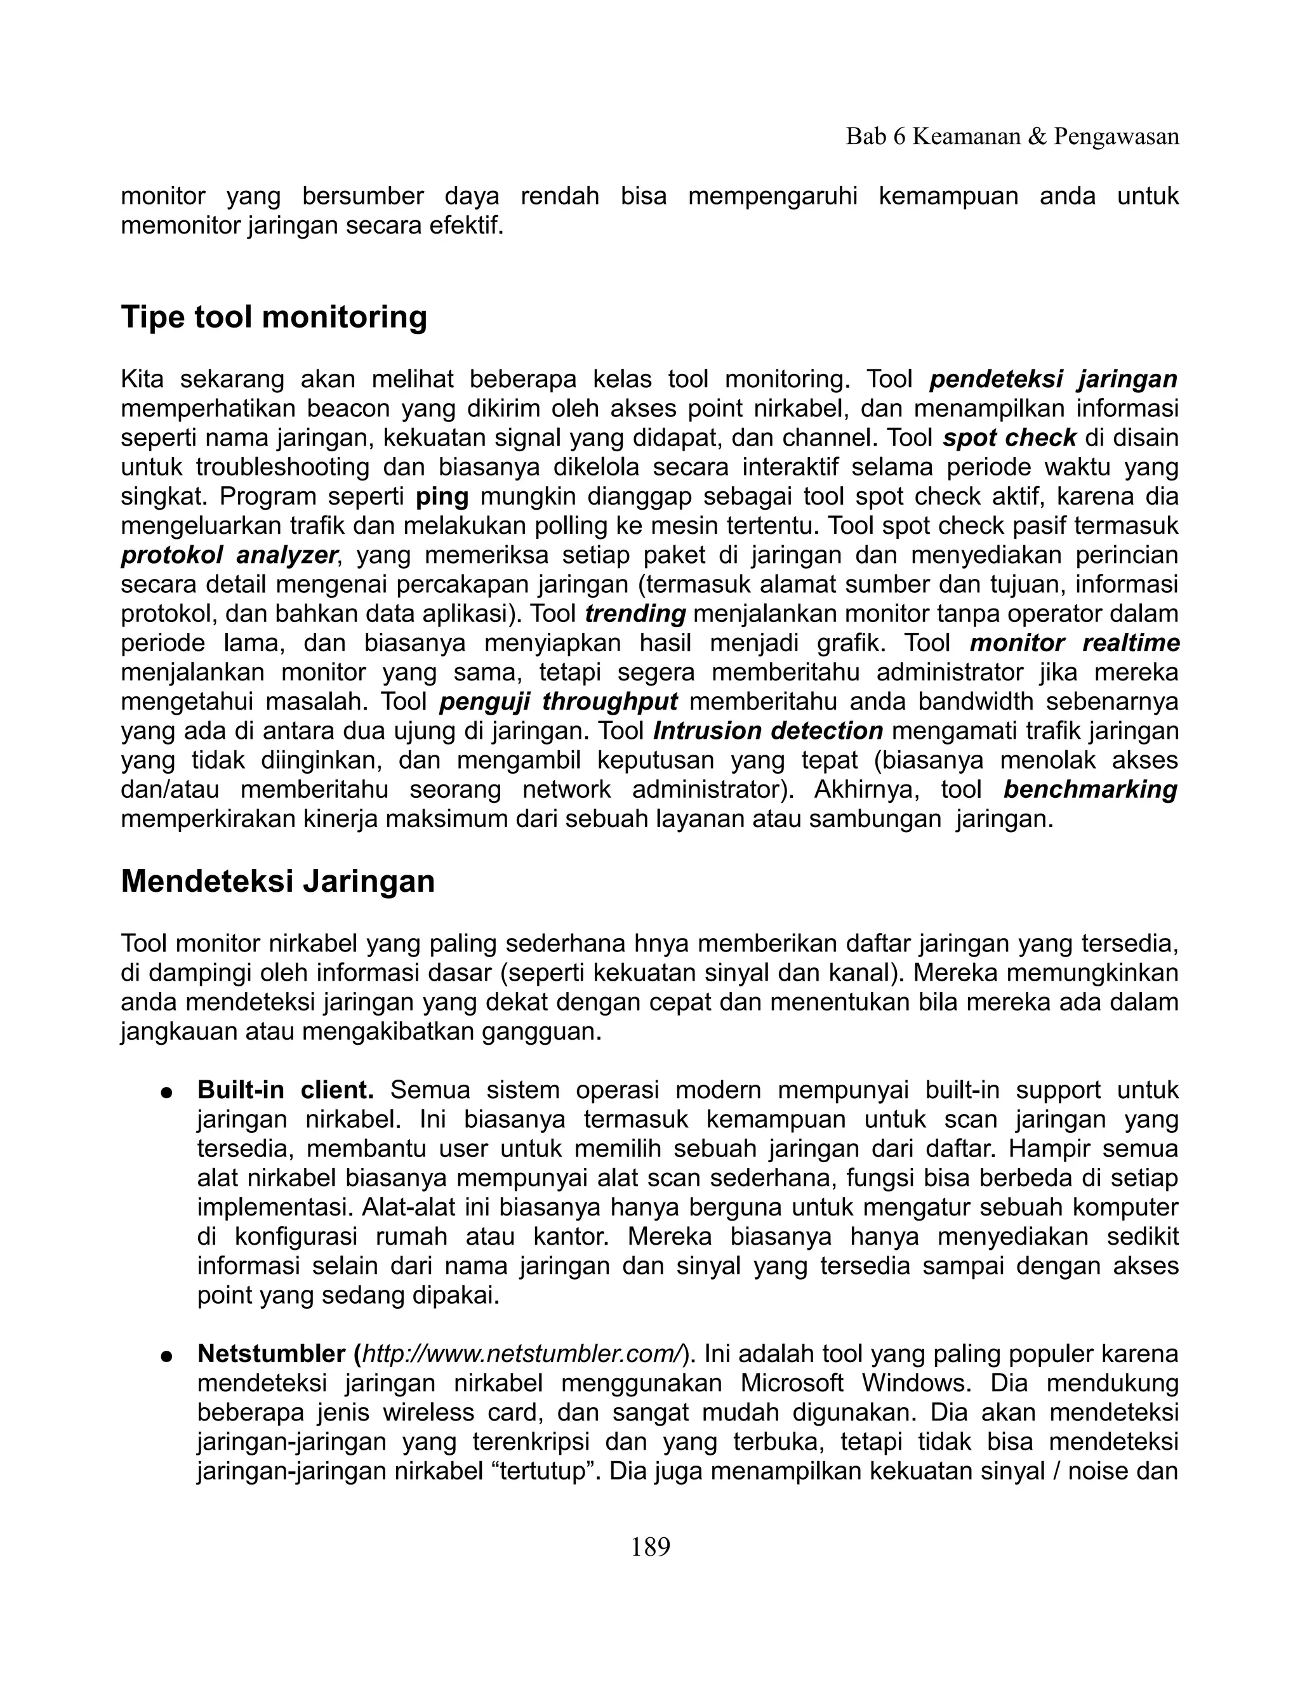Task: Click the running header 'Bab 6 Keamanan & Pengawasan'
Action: click(1012, 137)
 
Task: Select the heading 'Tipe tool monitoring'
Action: click(274, 317)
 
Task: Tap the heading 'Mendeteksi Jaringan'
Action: click(277, 881)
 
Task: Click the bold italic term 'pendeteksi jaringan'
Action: click(1053, 380)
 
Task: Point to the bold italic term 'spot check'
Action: click(1009, 438)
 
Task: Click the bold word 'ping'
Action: click(442, 497)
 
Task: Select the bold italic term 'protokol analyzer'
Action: click(230, 555)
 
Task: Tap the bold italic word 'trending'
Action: click(635, 614)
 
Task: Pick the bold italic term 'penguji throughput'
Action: click(559, 701)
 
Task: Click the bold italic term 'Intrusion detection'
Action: click(768, 731)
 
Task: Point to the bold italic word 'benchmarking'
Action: click(1091, 790)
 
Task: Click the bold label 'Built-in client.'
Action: click(286, 1090)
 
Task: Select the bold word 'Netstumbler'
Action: click(271, 1353)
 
